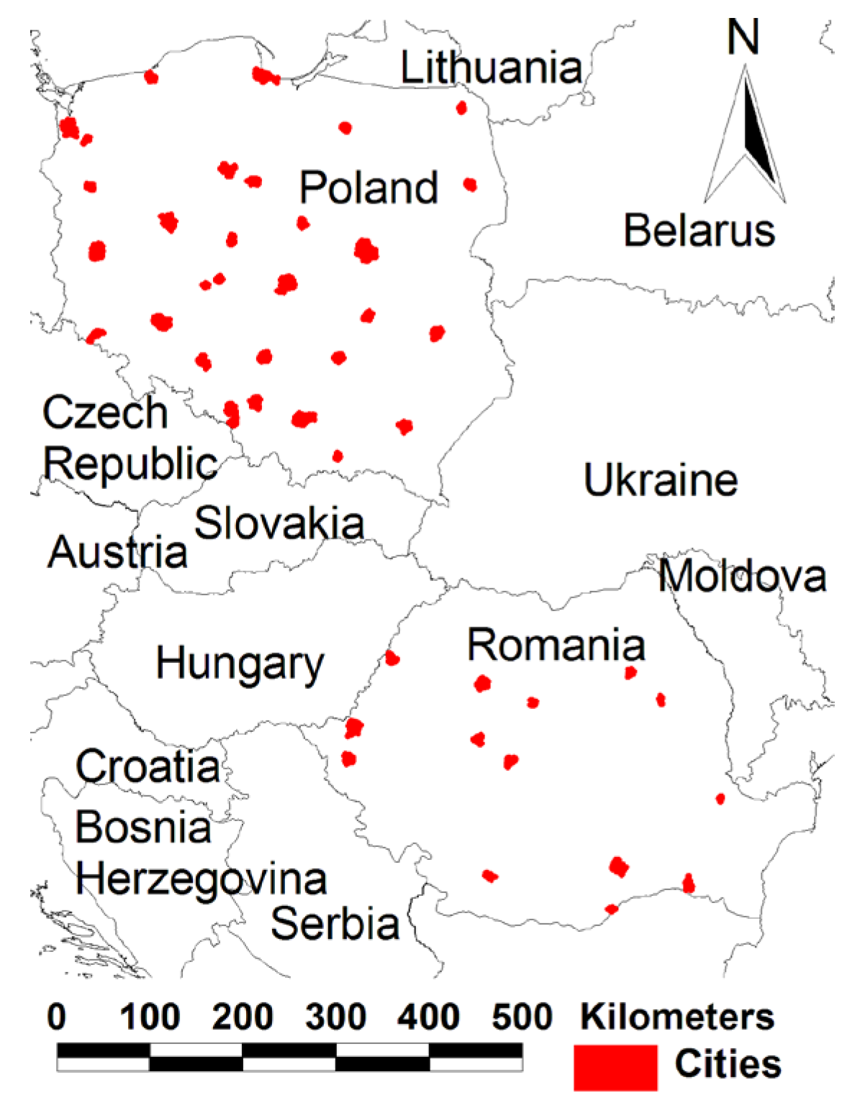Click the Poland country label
(x=368, y=188)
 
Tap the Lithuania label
(x=491, y=68)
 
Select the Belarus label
(x=699, y=231)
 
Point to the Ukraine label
(x=660, y=480)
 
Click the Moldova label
(x=742, y=576)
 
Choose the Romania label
(x=556, y=645)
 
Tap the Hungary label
(x=240, y=664)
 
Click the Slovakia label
(x=279, y=523)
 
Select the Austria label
(x=117, y=552)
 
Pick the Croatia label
(x=148, y=766)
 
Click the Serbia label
(x=335, y=924)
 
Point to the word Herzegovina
(x=201, y=879)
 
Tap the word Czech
(x=105, y=413)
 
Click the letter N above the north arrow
(x=743, y=37)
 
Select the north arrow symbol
(x=746, y=137)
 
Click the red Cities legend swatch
(x=615, y=1067)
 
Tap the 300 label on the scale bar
(x=335, y=1017)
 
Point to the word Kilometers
(x=677, y=1017)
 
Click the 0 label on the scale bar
(x=57, y=1017)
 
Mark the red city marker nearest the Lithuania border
(x=461, y=108)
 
